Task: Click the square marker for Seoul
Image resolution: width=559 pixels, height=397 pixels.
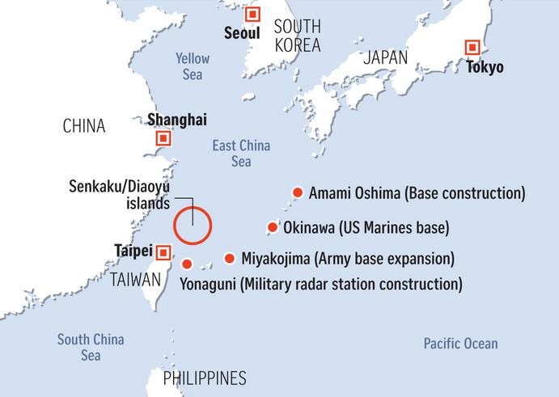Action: [253, 15]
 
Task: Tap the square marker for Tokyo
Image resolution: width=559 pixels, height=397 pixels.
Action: [471, 48]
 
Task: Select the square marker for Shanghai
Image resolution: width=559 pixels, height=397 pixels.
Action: [163, 138]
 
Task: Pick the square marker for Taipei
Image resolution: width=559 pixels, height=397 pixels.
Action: [163, 252]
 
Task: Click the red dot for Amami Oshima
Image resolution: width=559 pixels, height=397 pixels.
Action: [297, 192]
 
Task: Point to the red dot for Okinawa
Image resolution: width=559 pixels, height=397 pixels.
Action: [273, 227]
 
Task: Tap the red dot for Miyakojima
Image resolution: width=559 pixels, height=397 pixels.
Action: [230, 259]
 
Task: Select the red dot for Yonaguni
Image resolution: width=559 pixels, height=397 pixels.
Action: [187, 264]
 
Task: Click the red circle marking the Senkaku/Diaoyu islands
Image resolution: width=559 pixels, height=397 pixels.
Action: [193, 225]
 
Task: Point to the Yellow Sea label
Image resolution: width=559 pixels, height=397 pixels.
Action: [193, 66]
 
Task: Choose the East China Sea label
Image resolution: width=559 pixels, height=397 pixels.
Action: [241, 154]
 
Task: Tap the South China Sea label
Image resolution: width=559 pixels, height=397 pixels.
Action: [91, 347]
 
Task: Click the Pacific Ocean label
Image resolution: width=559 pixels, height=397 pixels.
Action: [460, 344]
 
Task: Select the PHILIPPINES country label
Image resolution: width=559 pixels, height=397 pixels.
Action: [205, 378]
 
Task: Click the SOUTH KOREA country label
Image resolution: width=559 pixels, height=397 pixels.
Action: [297, 35]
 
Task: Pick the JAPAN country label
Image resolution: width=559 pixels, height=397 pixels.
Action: [386, 57]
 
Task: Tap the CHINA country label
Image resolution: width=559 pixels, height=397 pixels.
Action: [84, 126]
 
